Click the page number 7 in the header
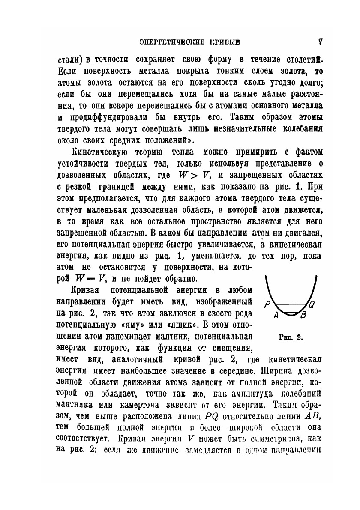coord(320,42)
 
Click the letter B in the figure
coord(303,317)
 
